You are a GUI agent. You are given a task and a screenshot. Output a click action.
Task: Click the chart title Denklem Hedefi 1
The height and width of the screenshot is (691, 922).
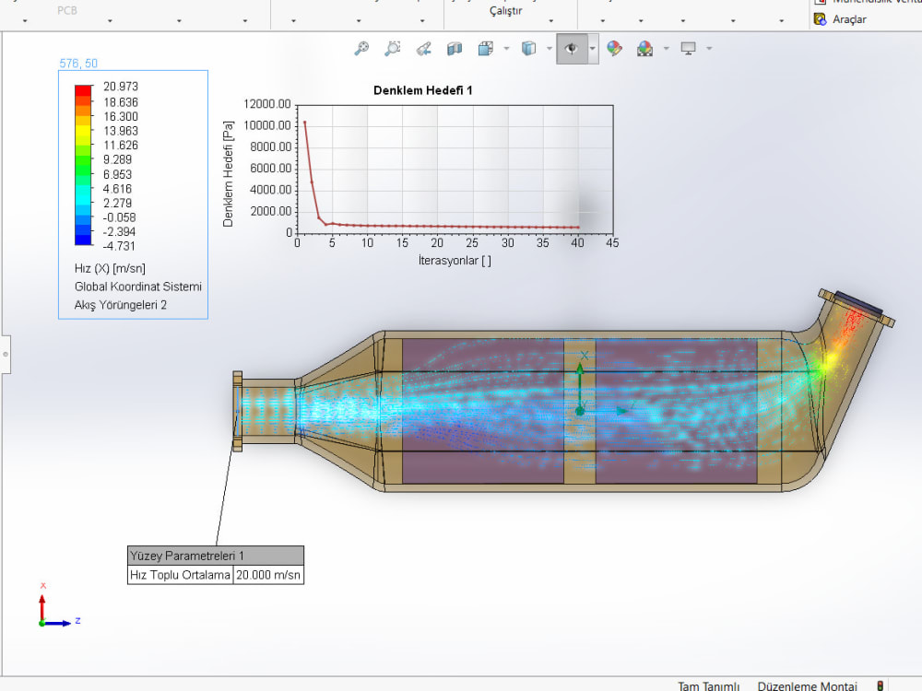click(422, 90)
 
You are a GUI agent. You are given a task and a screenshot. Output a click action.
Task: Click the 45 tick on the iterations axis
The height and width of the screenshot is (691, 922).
click(611, 243)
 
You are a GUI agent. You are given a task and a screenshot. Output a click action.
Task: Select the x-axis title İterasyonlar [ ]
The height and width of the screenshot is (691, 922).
click(454, 261)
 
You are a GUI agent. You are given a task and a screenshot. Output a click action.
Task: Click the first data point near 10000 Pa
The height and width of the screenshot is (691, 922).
click(305, 123)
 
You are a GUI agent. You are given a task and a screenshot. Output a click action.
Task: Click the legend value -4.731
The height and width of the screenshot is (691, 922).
click(121, 246)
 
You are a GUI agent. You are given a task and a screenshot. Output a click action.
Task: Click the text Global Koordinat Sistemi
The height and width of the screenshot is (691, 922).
click(137, 287)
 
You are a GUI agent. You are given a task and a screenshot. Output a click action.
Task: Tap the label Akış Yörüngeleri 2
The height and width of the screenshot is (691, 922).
click(120, 305)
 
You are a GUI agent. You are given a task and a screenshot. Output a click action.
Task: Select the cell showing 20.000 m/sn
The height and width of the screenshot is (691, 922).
click(268, 575)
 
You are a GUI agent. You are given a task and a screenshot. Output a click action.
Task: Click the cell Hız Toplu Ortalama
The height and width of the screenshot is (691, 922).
click(180, 575)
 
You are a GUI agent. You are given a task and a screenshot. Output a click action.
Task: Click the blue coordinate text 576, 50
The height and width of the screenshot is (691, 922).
click(78, 64)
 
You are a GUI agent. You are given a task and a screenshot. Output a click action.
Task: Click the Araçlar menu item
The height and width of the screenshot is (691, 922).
click(848, 18)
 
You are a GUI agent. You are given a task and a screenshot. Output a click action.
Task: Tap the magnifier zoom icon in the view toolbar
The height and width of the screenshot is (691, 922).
click(361, 49)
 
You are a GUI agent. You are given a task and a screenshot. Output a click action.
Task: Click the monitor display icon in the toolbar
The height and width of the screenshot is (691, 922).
click(688, 49)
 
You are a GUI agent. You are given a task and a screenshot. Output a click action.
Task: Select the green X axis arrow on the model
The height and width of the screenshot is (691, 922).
click(580, 369)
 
